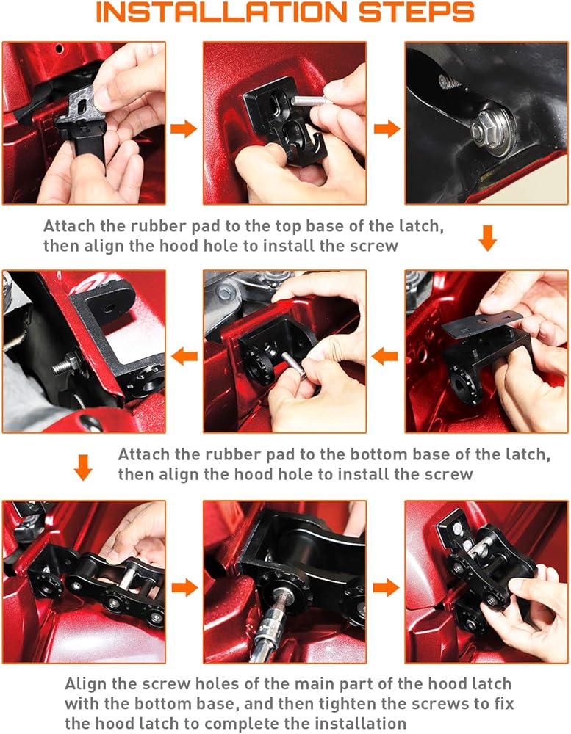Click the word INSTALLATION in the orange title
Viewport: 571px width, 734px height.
(x=221, y=12)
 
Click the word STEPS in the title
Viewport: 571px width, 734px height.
(x=417, y=12)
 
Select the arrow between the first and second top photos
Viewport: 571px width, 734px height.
(x=183, y=128)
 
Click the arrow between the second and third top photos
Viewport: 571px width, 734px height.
(x=387, y=128)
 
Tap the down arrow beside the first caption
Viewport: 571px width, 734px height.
(x=487, y=238)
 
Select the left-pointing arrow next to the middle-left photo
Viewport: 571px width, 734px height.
(x=184, y=357)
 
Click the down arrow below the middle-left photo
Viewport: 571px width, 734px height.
(x=83, y=467)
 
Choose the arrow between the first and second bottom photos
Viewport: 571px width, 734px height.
(x=184, y=587)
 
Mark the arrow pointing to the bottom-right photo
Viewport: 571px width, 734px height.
(x=386, y=587)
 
